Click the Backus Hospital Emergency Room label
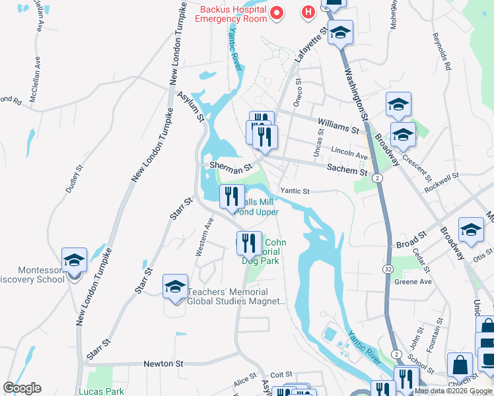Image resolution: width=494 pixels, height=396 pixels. click(233, 14)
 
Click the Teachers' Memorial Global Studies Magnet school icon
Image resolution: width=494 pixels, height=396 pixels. click(175, 287)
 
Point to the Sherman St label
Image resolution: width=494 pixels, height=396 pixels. click(231, 166)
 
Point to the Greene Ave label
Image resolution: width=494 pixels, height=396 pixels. click(413, 282)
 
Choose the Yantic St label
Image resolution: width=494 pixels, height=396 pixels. click(295, 191)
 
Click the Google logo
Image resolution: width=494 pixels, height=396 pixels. click(22, 388)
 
